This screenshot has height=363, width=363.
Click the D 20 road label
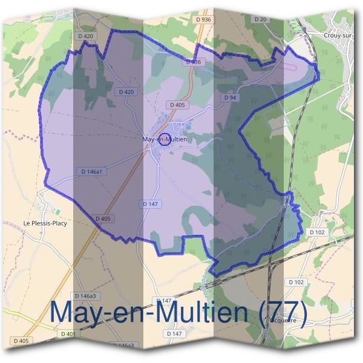[261, 19]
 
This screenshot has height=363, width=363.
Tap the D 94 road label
[229, 97]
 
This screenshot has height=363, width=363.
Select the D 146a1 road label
[94, 172]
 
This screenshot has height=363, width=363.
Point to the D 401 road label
[68, 334]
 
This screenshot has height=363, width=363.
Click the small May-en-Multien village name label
[163, 140]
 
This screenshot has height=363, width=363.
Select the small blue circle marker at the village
[163, 139]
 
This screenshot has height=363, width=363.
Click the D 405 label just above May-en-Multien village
[178, 105]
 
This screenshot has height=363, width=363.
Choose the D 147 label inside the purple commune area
[151, 204]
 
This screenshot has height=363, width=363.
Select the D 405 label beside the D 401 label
[20, 341]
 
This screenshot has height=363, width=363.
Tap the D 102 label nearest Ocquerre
[296, 282]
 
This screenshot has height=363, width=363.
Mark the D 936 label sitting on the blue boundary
[193, 62]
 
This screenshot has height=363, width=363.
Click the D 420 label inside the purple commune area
[125, 92]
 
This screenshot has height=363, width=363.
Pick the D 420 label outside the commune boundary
[87, 36]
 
